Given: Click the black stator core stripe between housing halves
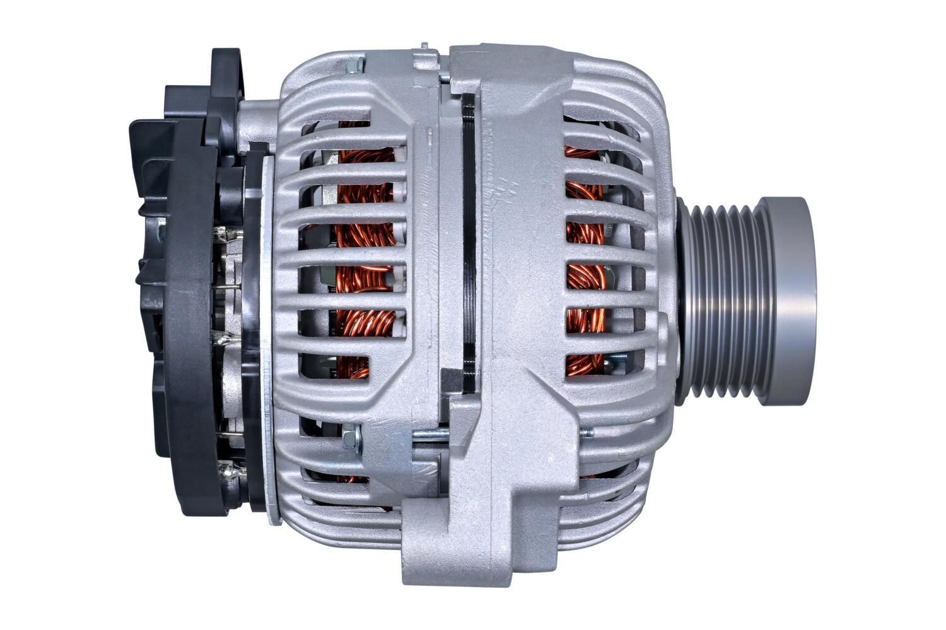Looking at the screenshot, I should click(x=470, y=246).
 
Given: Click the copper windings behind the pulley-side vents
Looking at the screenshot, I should click(x=583, y=277).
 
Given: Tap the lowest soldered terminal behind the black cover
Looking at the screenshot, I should click(x=227, y=469).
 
